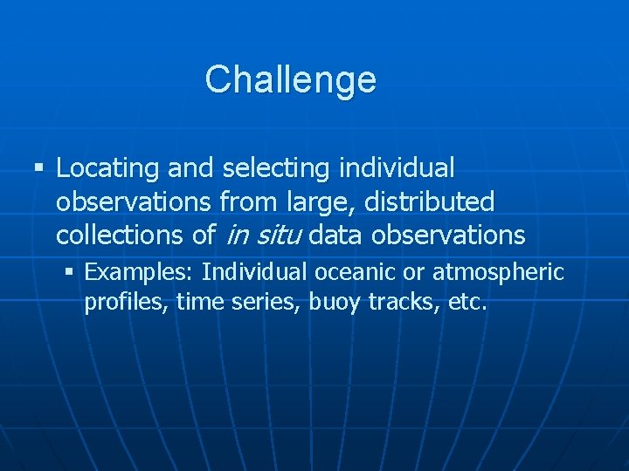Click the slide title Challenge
pos(290,79)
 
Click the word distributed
pos(429,202)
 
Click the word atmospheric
pos(499,272)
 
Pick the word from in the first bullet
pos(247,202)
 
